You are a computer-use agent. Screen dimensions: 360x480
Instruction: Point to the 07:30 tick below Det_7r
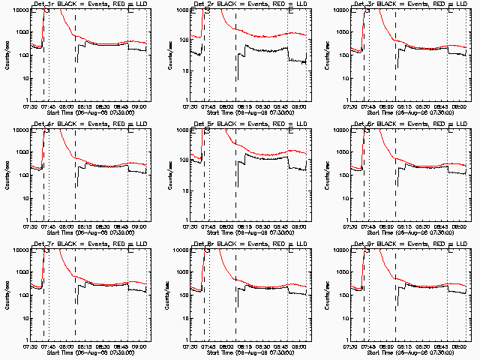click(x=30, y=346)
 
